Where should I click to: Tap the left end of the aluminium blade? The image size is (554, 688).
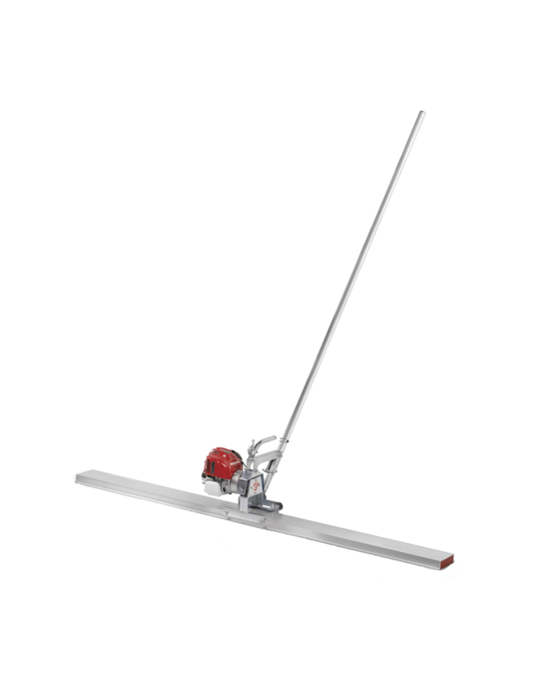pyautogui.click(x=78, y=477)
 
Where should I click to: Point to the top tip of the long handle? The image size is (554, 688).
pyautogui.click(x=422, y=114)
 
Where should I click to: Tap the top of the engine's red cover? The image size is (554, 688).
pyautogui.click(x=223, y=449)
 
